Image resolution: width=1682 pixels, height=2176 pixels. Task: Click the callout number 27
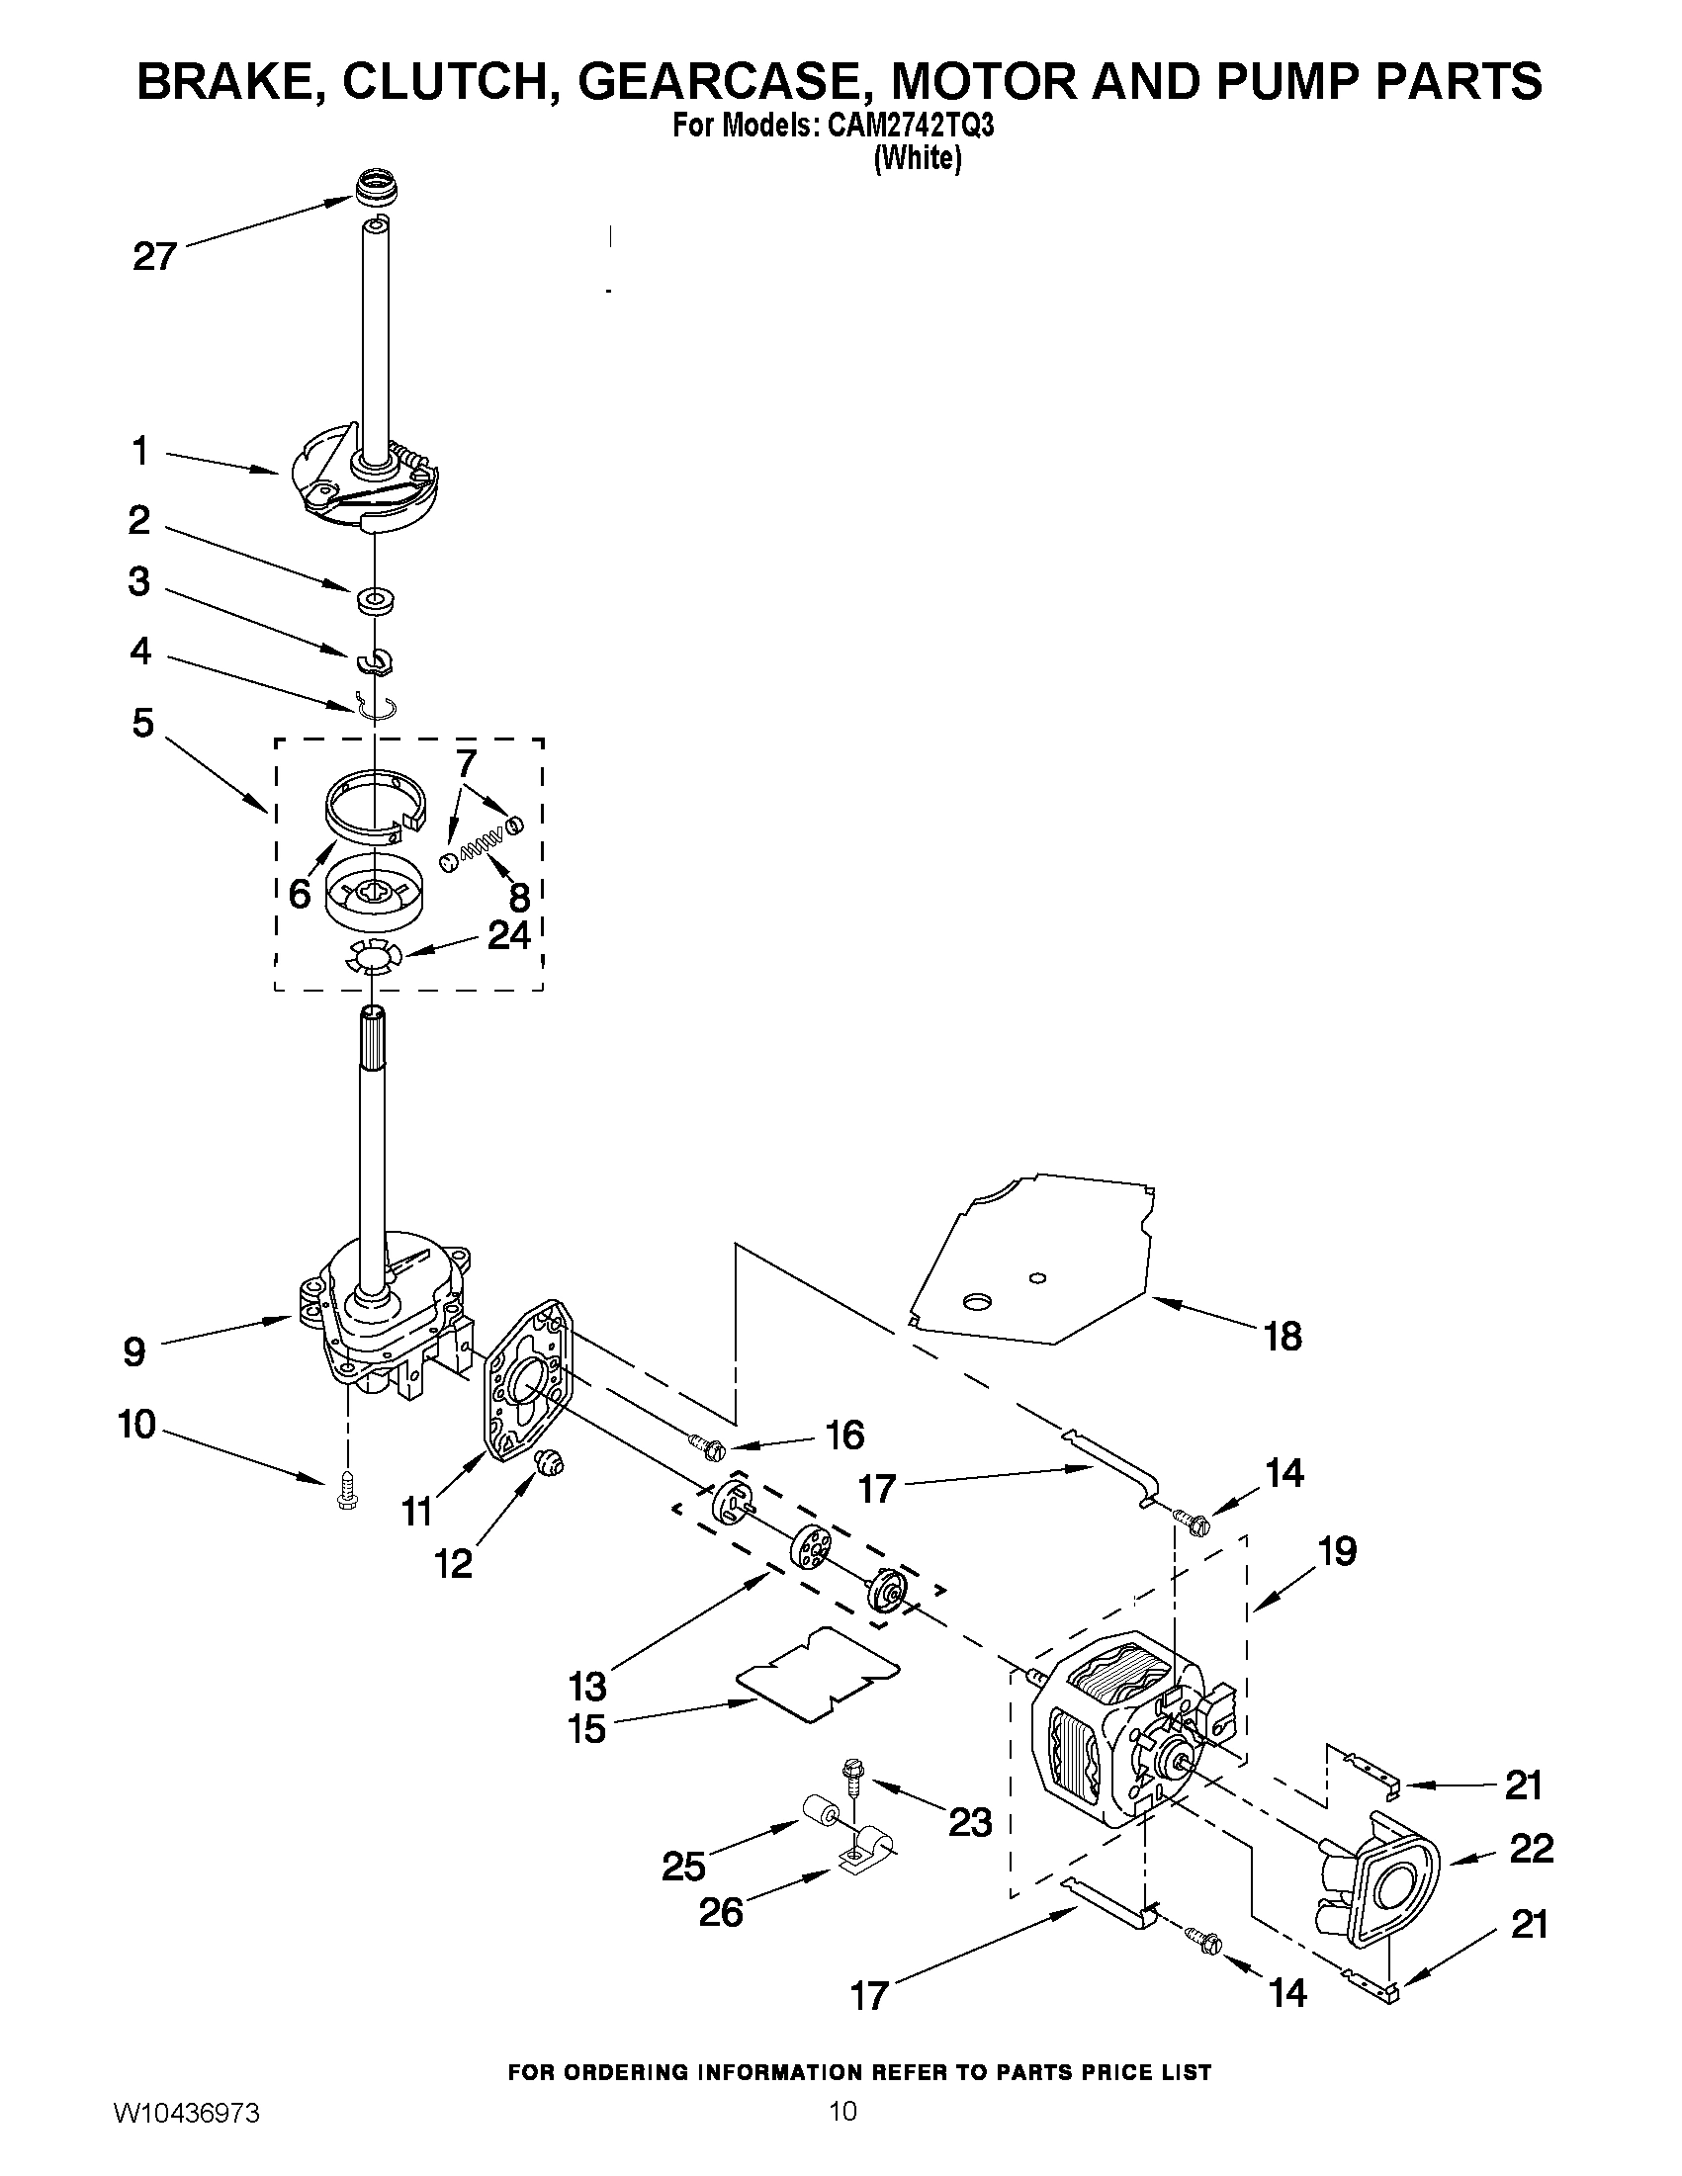pyautogui.click(x=154, y=258)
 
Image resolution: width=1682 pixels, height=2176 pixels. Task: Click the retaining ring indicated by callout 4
pyautogui.click(x=376, y=706)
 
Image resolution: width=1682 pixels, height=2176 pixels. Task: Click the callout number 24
pyautogui.click(x=508, y=936)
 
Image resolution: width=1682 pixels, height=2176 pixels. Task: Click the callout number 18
pyautogui.click(x=1283, y=1337)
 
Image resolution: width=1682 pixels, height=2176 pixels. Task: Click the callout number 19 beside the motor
pyautogui.click(x=1337, y=1550)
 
